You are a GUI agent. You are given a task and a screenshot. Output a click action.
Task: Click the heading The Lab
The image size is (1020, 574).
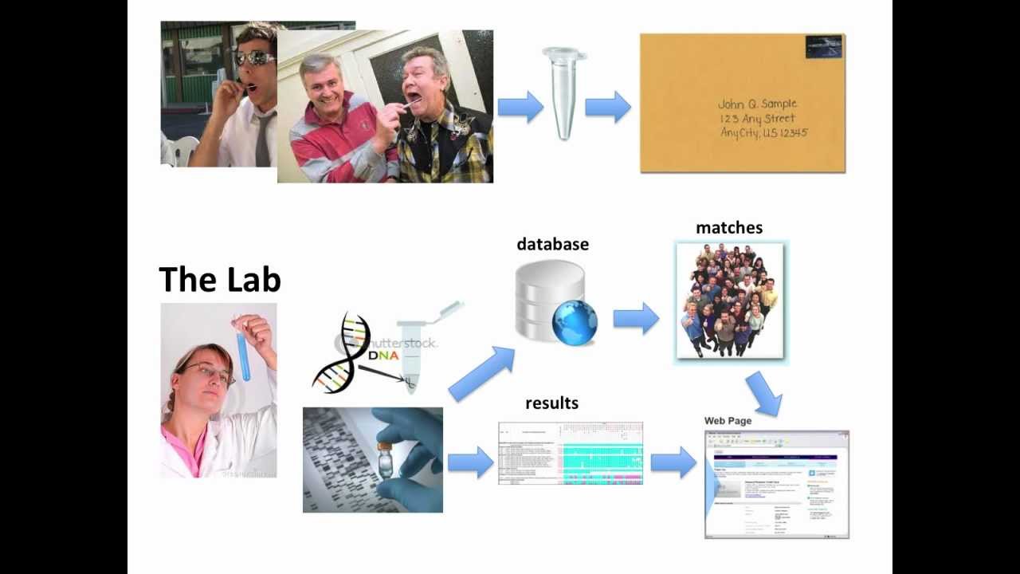(220, 280)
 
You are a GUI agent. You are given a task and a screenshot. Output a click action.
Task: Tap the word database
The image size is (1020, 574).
(552, 245)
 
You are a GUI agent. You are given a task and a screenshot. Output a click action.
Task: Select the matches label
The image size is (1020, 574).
(729, 228)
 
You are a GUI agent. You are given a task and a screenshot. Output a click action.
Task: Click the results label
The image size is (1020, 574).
(551, 403)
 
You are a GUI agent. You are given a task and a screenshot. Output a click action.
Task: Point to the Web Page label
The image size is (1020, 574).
(728, 421)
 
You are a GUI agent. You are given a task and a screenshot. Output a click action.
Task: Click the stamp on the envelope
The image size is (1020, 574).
(823, 46)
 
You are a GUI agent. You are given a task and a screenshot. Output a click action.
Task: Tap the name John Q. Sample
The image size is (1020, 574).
(757, 104)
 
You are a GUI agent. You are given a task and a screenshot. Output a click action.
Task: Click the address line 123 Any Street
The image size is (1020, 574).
(757, 119)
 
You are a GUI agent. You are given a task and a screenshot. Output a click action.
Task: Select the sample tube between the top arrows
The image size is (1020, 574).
(564, 92)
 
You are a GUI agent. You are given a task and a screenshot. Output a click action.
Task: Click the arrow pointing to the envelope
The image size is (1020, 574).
(607, 107)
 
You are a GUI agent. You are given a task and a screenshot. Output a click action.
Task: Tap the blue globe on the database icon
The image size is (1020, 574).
(575, 321)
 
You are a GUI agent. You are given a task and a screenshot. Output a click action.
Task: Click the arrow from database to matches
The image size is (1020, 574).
(635, 319)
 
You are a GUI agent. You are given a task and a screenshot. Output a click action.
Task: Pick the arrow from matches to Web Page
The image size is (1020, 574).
(764, 393)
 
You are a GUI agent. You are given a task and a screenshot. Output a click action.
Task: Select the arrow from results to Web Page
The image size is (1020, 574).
(673, 462)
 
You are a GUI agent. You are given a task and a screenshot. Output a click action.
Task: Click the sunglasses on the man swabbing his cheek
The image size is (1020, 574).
(254, 58)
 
